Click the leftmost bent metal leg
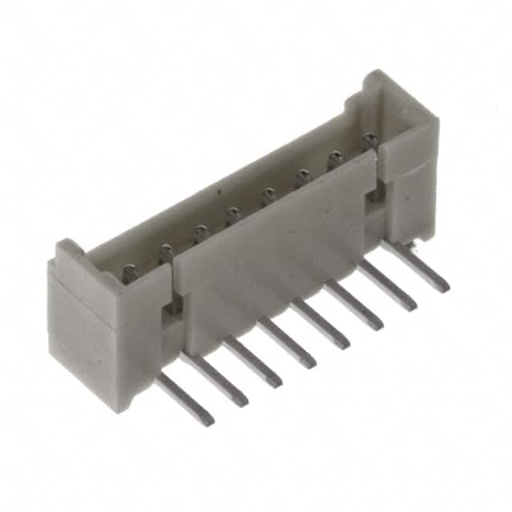tap(185, 399)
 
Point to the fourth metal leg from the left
tap(287, 342)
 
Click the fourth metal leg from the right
tap(321, 324)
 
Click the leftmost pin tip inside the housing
tap(130, 273)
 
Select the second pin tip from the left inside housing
tap(166, 253)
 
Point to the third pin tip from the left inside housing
tap(200, 233)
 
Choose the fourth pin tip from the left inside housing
tap(234, 214)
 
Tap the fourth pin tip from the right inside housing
tap(270, 194)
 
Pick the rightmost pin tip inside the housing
tap(370, 142)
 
